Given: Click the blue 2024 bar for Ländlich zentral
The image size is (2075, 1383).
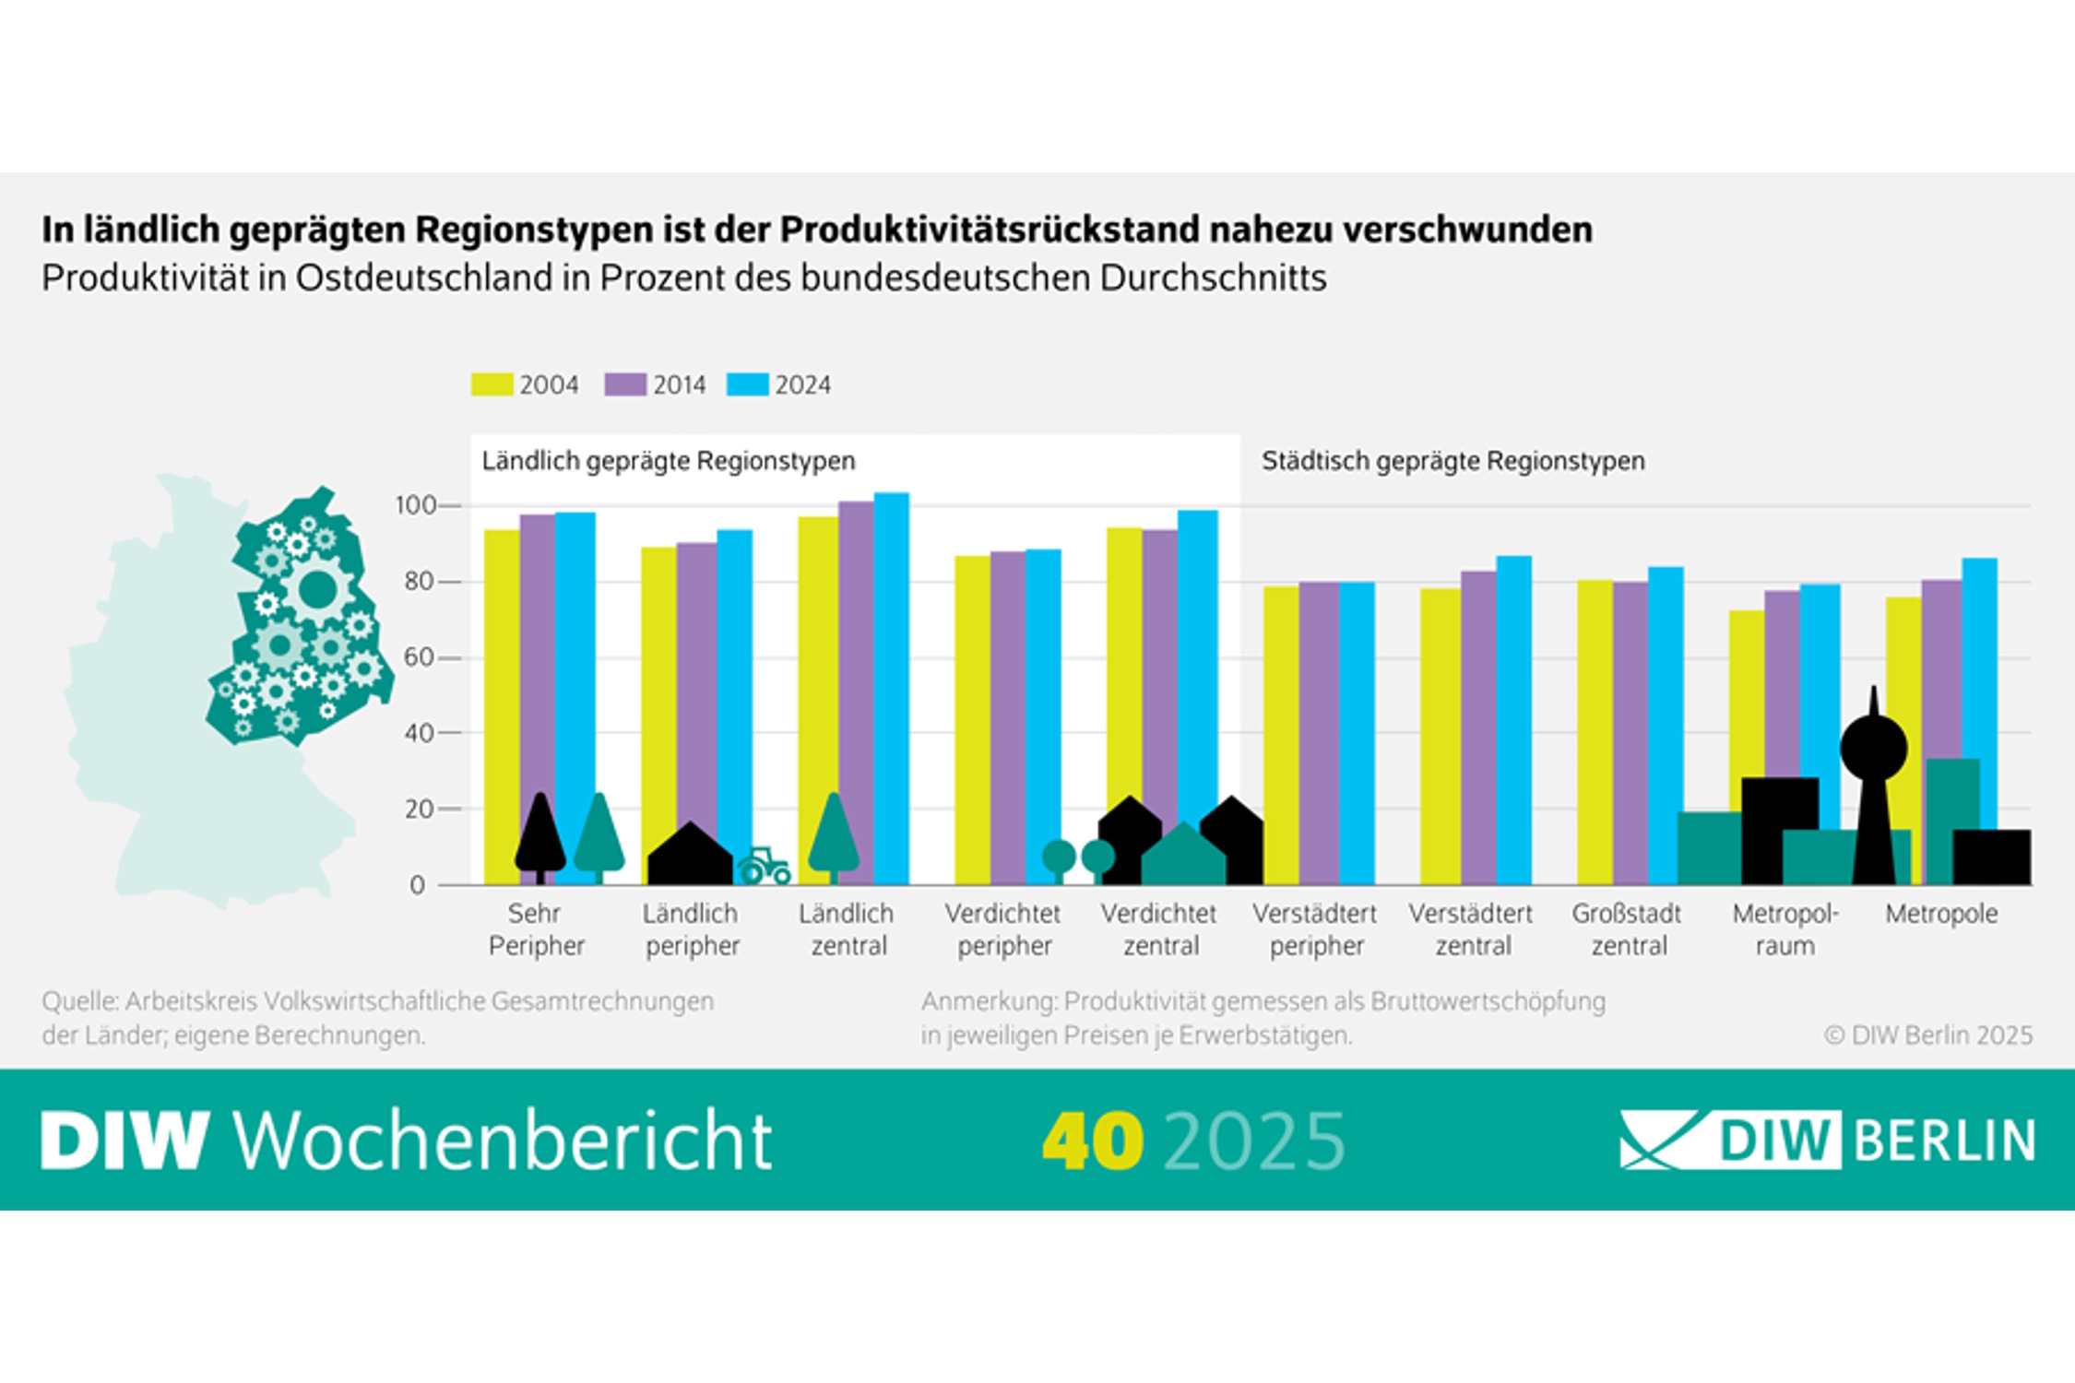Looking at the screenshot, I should click(x=891, y=645).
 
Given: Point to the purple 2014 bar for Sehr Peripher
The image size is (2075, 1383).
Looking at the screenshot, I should click(x=538, y=645).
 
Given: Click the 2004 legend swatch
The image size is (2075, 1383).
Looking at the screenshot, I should click(x=492, y=384).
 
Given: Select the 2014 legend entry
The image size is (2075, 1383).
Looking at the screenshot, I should click(x=656, y=384).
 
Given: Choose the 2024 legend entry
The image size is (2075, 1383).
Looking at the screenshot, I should click(x=779, y=384).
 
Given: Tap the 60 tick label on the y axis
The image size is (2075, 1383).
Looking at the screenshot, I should click(x=417, y=657).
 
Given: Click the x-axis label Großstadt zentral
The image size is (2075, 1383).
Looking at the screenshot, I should click(x=1627, y=929).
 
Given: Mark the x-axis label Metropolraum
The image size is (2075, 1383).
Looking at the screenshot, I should click(x=1784, y=929).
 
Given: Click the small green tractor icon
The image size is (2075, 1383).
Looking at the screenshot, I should click(x=764, y=867).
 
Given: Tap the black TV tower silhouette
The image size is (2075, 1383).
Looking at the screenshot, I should click(x=1874, y=784).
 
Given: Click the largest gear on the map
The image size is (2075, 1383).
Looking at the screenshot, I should click(x=317, y=589).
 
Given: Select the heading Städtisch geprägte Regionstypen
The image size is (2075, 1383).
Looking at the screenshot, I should click(x=1452, y=461).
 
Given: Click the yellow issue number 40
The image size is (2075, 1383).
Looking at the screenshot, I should click(x=1093, y=1141).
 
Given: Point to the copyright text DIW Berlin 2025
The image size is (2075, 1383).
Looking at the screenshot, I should click(x=1928, y=1035).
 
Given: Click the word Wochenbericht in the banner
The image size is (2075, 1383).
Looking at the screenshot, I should click(x=503, y=1141).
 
